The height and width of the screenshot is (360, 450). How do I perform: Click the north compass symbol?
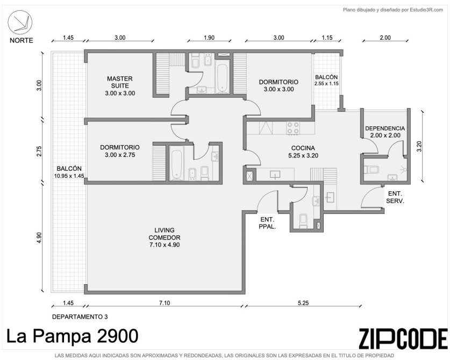coord(20,23)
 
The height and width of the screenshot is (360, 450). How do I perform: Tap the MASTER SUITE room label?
coord(120,82)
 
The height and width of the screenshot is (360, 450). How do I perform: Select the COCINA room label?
coord(303,148)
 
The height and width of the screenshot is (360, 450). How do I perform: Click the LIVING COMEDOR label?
coord(165,234)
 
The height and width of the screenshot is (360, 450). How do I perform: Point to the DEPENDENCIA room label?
coord(385,128)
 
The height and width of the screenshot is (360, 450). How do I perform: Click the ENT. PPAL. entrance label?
coord(268,223)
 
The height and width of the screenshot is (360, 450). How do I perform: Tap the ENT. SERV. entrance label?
coord(395,197)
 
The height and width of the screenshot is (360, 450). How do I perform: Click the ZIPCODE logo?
coord(403,338)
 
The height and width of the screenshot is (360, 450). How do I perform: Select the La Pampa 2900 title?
coord(73,336)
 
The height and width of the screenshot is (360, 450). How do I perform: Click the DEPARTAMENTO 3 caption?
coord(80,316)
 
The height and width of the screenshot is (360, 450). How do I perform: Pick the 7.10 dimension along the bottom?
coord(165,303)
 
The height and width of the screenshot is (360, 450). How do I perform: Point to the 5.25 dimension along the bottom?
coord(303,303)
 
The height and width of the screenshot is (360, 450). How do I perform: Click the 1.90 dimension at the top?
coord(209,38)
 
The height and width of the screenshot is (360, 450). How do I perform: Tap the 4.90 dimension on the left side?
coord(39,238)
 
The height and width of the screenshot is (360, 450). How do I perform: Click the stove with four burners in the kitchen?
coord(293,128)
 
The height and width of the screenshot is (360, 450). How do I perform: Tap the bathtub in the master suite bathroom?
coord(222,78)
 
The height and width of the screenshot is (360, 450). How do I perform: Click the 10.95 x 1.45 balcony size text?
coord(69,176)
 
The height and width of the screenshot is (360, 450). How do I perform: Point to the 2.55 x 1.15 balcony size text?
coord(326,84)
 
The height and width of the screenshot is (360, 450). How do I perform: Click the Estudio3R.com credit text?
coord(393,10)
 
